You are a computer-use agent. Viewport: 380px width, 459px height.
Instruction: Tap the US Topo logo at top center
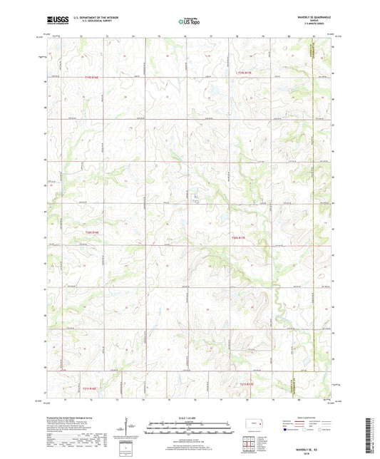tap(189, 22)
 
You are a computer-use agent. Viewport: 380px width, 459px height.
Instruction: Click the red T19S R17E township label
tap(245, 71)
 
